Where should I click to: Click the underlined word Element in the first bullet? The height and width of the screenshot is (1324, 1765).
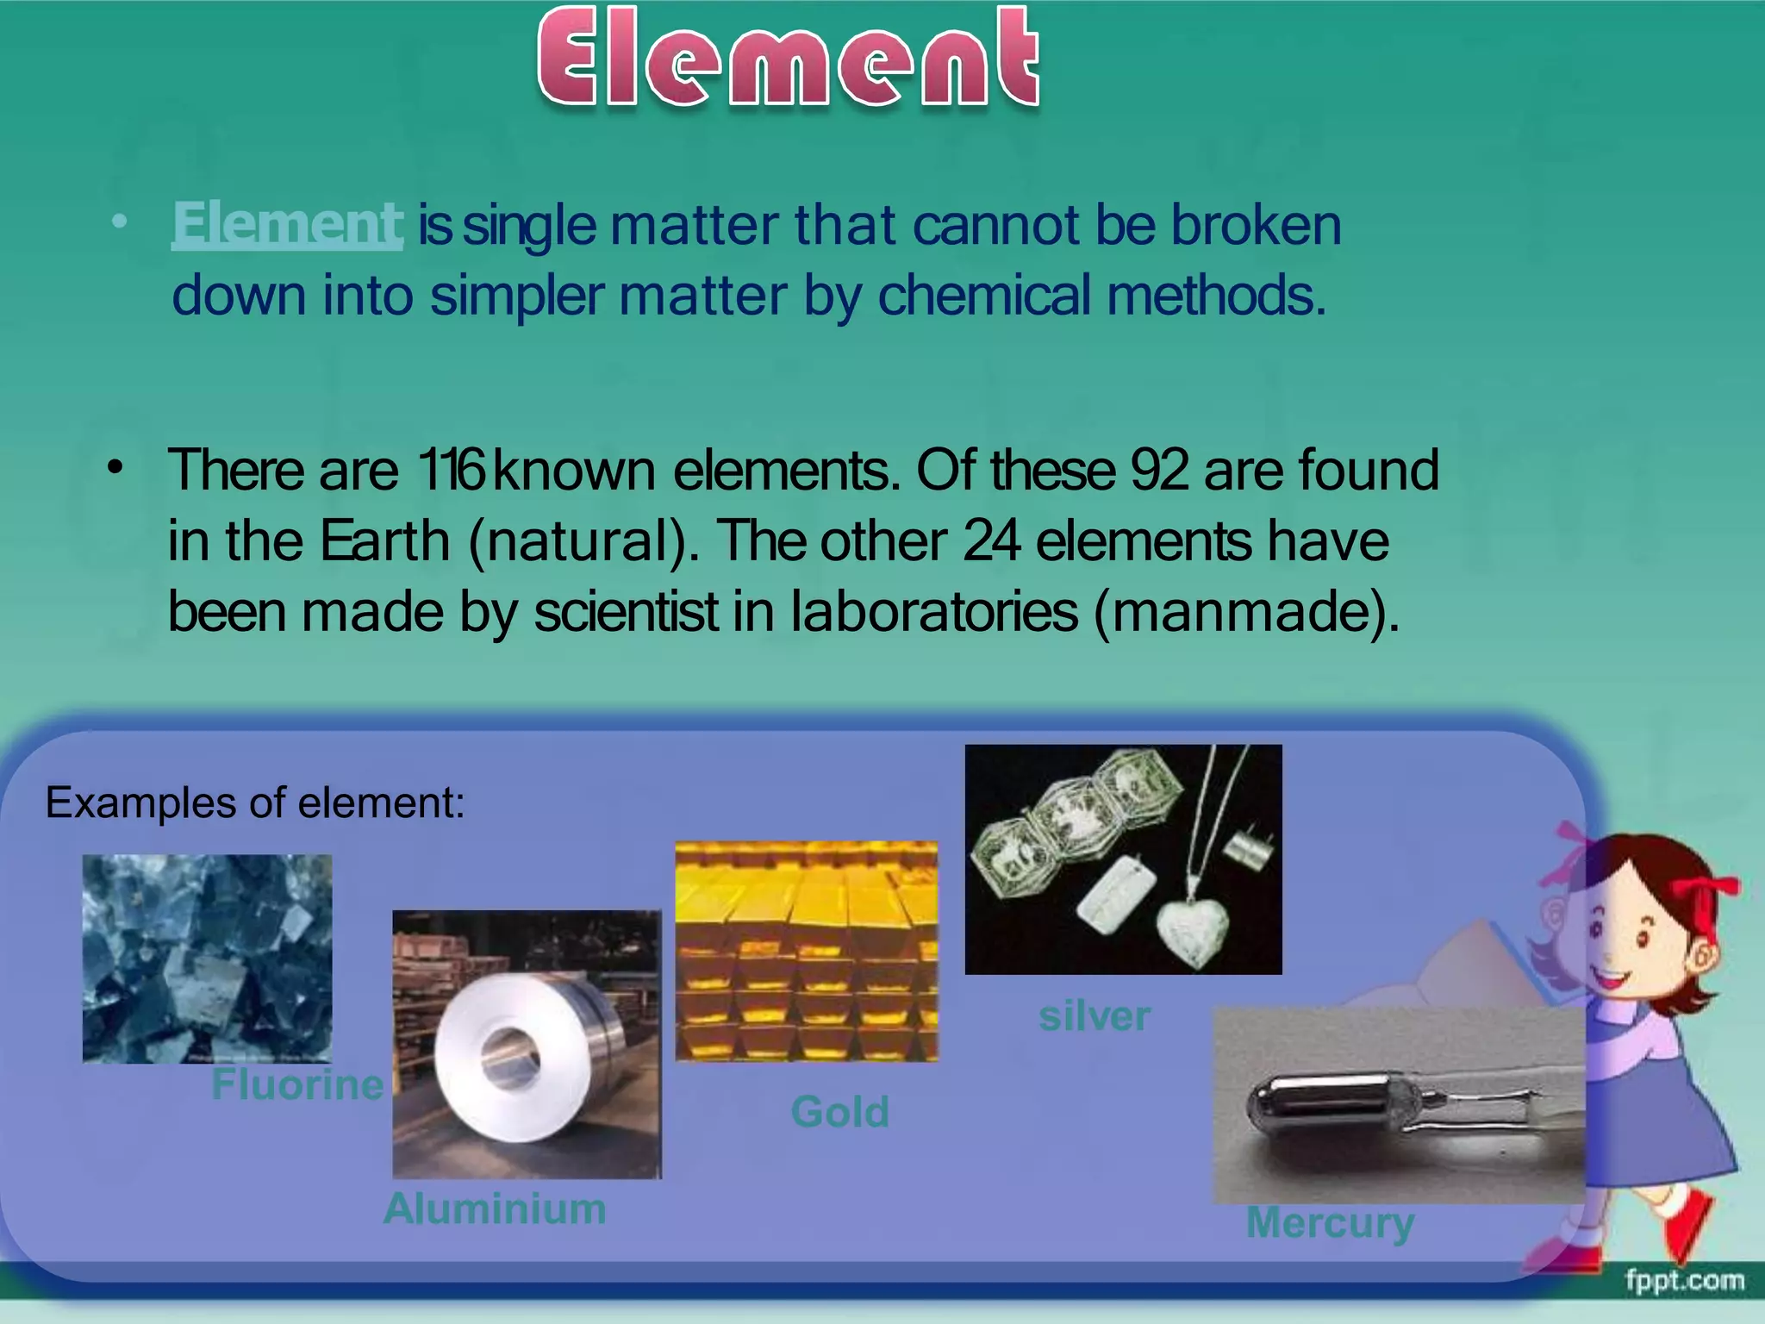pyautogui.click(x=286, y=224)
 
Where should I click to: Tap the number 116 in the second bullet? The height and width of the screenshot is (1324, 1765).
pyautogui.click(x=452, y=471)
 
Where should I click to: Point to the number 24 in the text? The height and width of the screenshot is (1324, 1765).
pyautogui.click(x=992, y=541)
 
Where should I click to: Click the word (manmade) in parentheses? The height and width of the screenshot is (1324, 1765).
pyautogui.click(x=1245, y=612)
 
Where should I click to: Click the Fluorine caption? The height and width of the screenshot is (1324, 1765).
pyautogui.click(x=297, y=1084)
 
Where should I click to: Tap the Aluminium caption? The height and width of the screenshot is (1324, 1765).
pyautogui.click(x=495, y=1208)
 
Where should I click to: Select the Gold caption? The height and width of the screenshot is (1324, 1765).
pyautogui.click(x=840, y=1112)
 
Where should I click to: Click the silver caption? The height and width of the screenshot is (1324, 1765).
pyautogui.click(x=1095, y=1016)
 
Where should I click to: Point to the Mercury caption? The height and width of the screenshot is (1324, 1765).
pyautogui.click(x=1330, y=1223)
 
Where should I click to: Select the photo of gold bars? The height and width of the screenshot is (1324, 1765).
pyautogui.click(x=807, y=951)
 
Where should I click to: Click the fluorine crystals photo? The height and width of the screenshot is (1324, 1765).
pyautogui.click(x=207, y=959)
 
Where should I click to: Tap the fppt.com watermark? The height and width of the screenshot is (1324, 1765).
pyautogui.click(x=1684, y=1280)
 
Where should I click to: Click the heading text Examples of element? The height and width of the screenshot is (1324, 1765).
pyautogui.click(x=255, y=803)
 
